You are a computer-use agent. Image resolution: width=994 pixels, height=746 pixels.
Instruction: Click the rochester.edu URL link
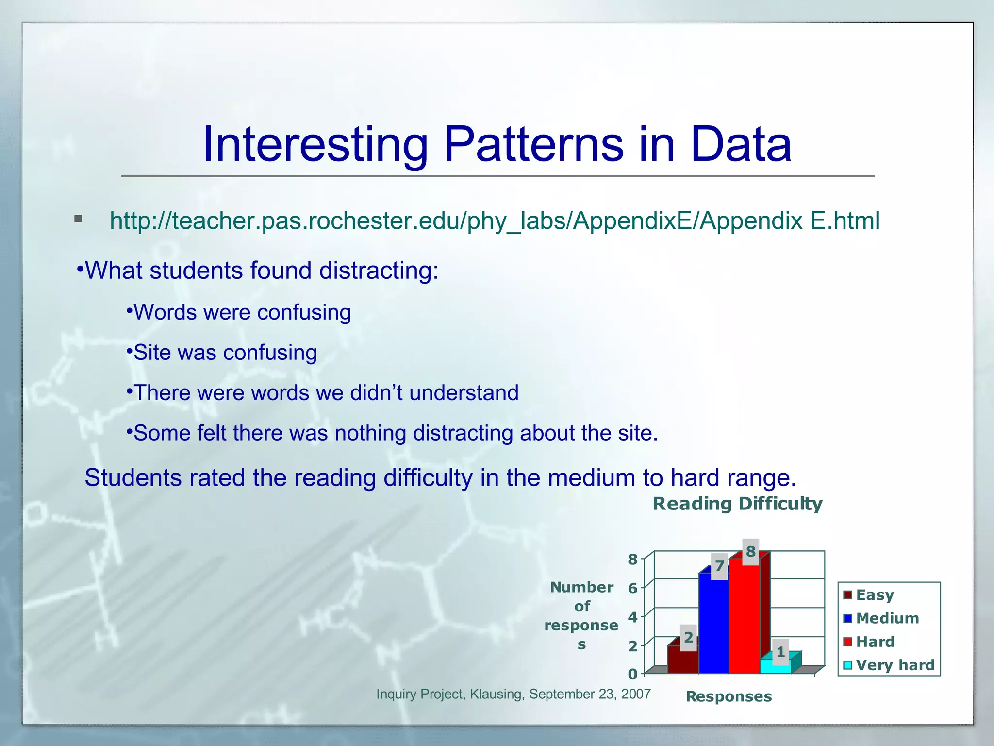(x=495, y=221)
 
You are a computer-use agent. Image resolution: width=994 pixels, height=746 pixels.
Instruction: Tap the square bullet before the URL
(x=78, y=219)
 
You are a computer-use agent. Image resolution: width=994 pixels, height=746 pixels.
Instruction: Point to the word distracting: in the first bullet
(x=379, y=271)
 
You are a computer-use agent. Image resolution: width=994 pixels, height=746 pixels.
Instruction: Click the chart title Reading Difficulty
(x=737, y=504)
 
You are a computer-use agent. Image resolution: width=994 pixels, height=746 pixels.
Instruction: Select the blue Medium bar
(x=713, y=627)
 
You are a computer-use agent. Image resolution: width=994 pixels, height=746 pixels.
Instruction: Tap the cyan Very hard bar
(x=775, y=666)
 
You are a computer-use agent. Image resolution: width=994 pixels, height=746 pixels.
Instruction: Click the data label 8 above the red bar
(x=751, y=552)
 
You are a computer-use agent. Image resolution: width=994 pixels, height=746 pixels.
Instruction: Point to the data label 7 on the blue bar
(x=719, y=566)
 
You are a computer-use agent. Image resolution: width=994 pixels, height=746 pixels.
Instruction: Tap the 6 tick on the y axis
(x=632, y=589)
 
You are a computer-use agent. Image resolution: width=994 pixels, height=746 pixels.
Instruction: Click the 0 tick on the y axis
(x=632, y=674)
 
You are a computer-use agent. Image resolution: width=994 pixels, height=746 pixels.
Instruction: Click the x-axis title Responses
(x=729, y=696)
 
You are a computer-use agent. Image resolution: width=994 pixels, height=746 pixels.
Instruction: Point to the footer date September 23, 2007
(x=589, y=694)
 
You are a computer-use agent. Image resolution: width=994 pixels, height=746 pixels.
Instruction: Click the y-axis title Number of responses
(x=581, y=615)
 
